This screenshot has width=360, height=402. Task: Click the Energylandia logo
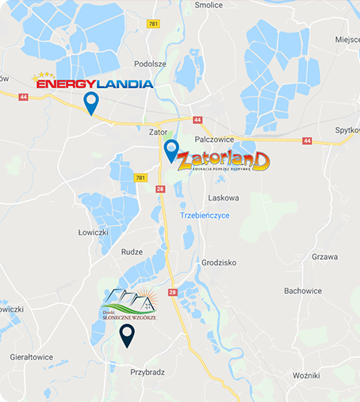pos(92,81)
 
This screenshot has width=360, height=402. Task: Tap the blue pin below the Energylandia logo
pos(91,103)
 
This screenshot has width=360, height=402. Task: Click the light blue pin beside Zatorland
pos(171,150)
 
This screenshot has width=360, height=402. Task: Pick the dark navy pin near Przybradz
pos(126,335)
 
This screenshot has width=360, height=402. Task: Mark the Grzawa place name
pos(324,257)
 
